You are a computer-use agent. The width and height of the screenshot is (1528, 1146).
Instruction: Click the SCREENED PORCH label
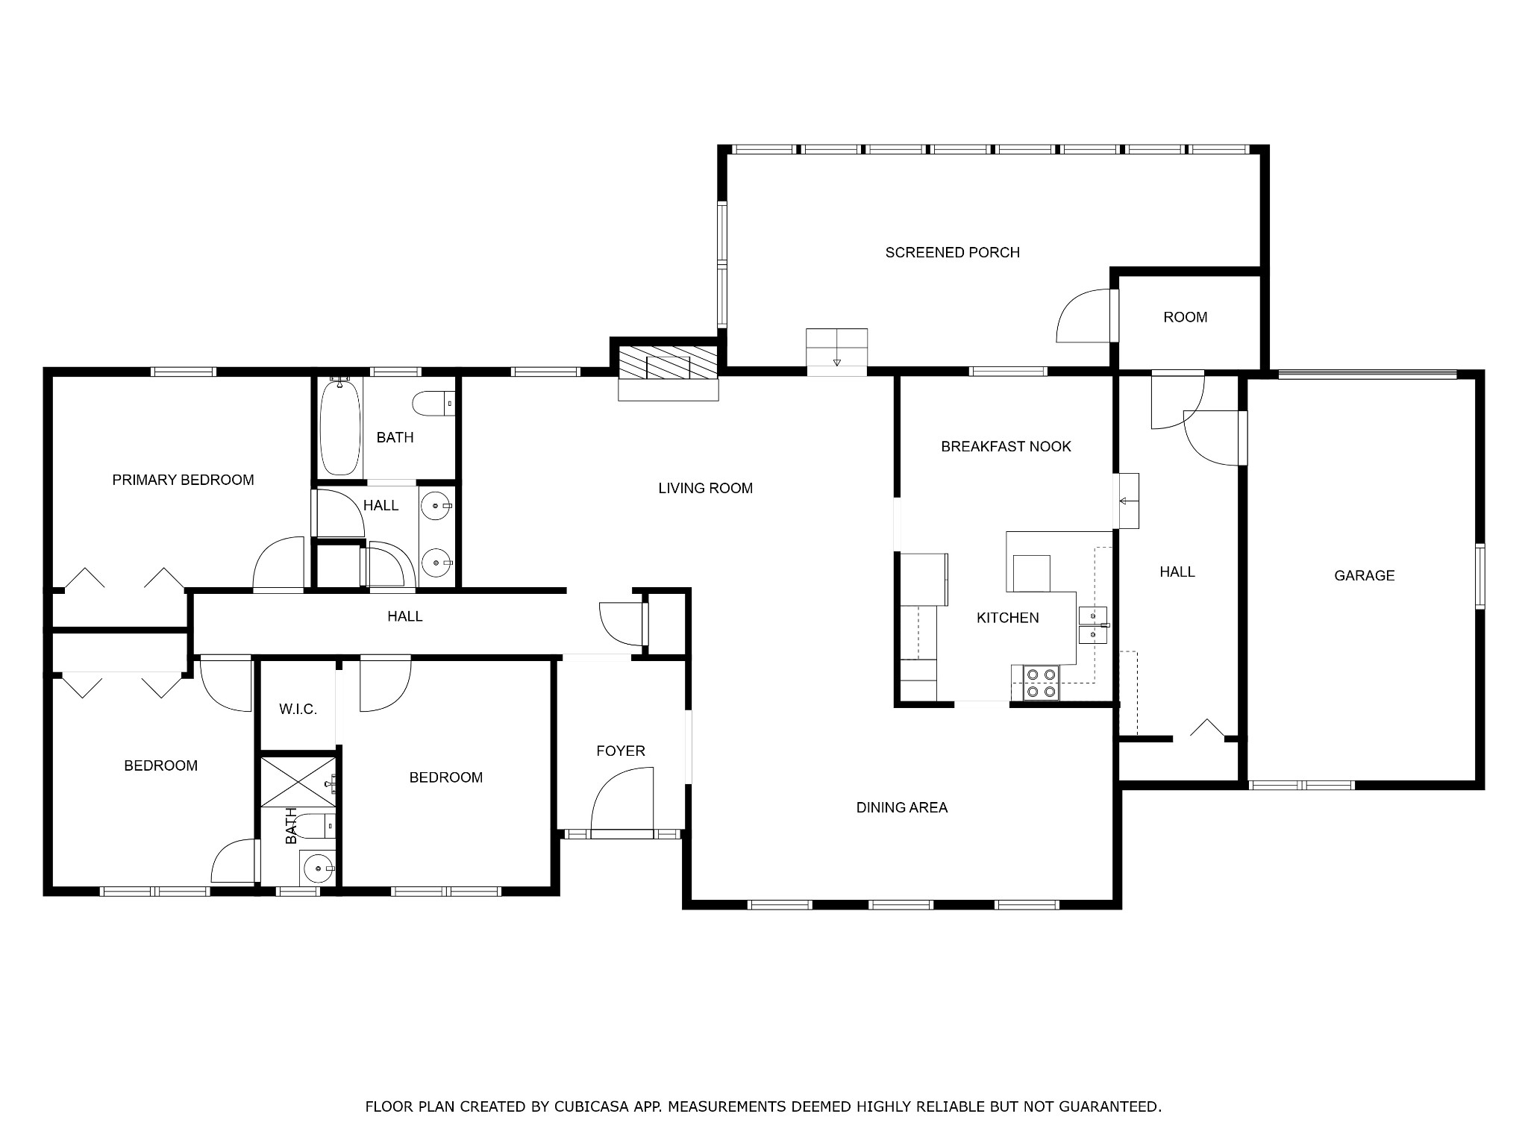click(x=952, y=253)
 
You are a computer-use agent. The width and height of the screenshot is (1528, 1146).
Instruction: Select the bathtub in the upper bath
click(x=339, y=427)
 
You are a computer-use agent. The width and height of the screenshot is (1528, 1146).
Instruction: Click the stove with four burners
click(x=1041, y=683)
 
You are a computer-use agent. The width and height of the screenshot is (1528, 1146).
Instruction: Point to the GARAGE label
click(x=1364, y=575)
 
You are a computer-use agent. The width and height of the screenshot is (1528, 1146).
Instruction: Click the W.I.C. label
click(x=298, y=710)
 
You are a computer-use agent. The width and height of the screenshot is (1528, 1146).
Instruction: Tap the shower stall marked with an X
click(x=298, y=781)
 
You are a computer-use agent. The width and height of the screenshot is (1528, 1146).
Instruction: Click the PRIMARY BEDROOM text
click(x=183, y=480)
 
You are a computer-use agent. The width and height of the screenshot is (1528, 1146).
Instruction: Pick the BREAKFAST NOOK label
click(x=1006, y=447)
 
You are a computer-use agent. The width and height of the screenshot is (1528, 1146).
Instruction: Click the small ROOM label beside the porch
click(x=1185, y=317)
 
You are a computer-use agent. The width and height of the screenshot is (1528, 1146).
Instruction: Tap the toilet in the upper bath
click(x=432, y=403)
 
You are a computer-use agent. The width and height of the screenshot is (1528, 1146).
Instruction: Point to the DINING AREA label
click(x=901, y=807)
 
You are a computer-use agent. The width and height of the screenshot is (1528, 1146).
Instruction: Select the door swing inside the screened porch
click(x=1083, y=316)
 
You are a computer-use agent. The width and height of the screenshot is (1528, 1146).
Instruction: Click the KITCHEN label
click(x=1007, y=618)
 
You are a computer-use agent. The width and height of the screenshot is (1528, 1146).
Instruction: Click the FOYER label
click(x=620, y=751)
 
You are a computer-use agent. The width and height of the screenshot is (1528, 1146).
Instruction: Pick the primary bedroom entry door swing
click(x=279, y=564)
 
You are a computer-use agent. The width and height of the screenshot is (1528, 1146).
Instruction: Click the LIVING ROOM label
click(x=705, y=489)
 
